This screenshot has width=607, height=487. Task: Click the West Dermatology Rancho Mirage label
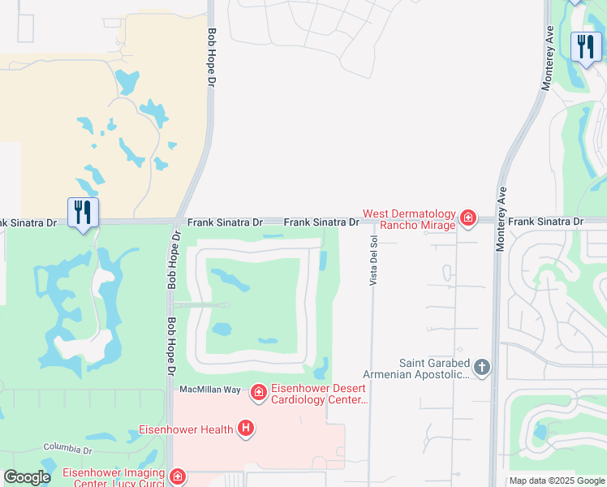pyautogui.click(x=409, y=219)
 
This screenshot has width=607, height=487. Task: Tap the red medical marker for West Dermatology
pyautogui.click(x=467, y=218)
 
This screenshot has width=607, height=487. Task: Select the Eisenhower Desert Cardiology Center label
pyautogui.click(x=319, y=394)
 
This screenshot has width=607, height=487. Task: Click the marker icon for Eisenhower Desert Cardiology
pyautogui.click(x=258, y=394)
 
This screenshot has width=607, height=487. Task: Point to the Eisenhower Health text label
pyautogui.click(x=186, y=429)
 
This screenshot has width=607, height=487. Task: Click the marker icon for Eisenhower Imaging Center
pyautogui.click(x=176, y=477)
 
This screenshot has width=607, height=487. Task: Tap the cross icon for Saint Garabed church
pyautogui.click(x=482, y=368)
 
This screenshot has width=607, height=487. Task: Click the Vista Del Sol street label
pyautogui.click(x=374, y=260)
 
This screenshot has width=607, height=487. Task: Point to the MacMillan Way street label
pyautogui.click(x=209, y=390)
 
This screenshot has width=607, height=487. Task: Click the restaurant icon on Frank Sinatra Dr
pyautogui.click(x=83, y=213)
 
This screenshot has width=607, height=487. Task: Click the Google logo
pyautogui.click(x=27, y=477)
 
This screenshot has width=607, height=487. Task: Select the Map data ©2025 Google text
pyautogui.click(x=557, y=481)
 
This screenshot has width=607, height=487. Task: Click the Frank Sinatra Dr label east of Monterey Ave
pyautogui.click(x=546, y=221)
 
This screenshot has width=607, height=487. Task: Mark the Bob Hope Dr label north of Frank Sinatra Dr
pyautogui.click(x=212, y=50)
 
